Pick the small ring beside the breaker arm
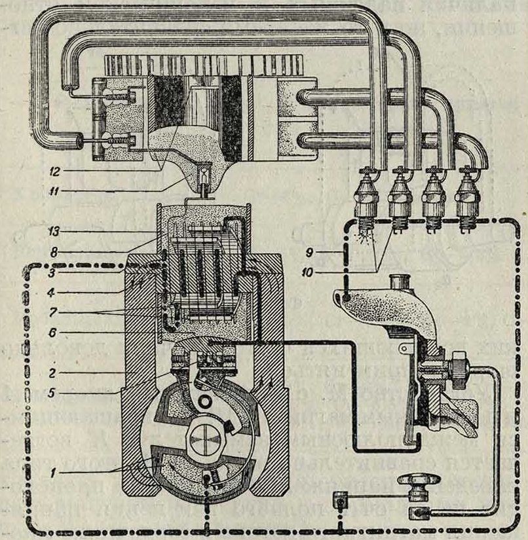coord(210,399)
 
